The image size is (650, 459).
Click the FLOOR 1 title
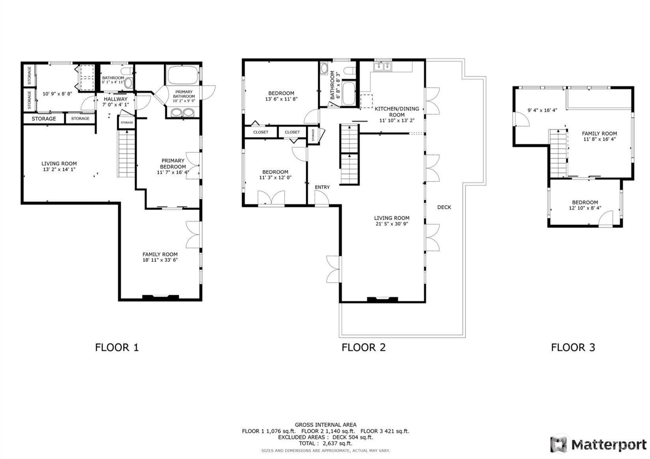[x=117, y=347]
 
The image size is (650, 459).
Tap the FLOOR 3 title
[x=573, y=347]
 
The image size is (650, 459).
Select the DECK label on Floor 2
[x=444, y=207]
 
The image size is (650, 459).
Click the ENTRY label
[x=322, y=187]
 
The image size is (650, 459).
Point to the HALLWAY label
[x=116, y=99]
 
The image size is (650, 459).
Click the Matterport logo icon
[x=558, y=444]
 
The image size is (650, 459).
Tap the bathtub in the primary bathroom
[x=183, y=75]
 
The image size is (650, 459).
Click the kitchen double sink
[x=383, y=66]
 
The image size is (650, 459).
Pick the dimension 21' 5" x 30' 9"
[x=392, y=224]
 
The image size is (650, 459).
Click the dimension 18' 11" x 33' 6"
[x=160, y=260]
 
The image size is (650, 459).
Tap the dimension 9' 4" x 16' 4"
[x=542, y=111]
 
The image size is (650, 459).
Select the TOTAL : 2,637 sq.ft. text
[x=325, y=443]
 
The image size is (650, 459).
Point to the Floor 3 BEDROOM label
[x=585, y=202]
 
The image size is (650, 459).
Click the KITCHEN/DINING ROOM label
[x=397, y=112]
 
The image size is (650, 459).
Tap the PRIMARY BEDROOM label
[x=173, y=163]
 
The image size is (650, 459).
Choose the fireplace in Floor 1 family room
[x=161, y=297]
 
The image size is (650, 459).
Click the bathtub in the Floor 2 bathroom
[x=349, y=93]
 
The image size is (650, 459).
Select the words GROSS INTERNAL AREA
[x=325, y=425]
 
